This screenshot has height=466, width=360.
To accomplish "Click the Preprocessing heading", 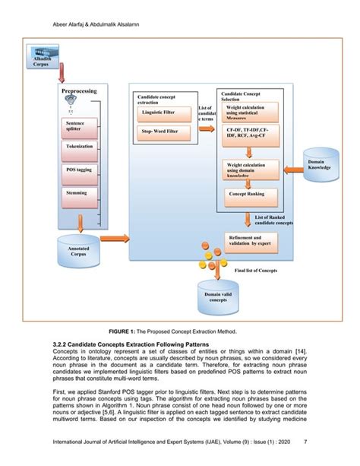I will click(79, 91).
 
